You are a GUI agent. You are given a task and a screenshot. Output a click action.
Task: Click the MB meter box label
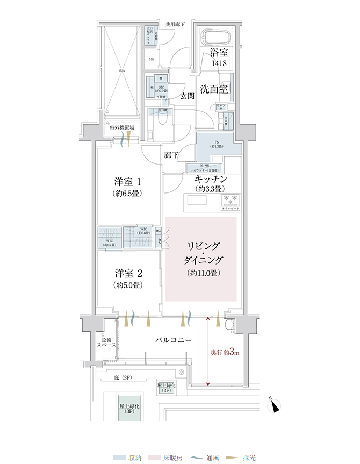[x=152, y=60]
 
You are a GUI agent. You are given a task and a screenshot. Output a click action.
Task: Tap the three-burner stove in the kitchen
[x=228, y=199]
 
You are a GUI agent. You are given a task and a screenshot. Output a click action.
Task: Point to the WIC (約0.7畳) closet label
[x=109, y=242]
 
